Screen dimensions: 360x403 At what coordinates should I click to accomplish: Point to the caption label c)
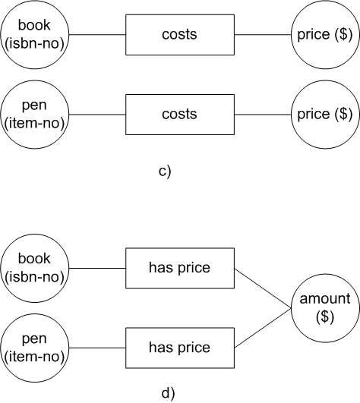165,172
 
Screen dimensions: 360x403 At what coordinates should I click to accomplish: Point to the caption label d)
168,393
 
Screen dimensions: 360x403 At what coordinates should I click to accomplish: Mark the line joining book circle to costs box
97,34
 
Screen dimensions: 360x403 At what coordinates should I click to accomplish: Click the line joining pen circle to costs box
97,115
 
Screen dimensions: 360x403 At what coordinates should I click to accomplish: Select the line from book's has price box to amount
263,288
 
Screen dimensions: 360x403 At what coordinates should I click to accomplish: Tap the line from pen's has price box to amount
263,328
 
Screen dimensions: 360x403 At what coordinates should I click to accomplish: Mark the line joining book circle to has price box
97,268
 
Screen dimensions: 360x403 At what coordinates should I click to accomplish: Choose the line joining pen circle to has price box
97,348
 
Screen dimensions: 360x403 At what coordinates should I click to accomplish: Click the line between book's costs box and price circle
263,34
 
